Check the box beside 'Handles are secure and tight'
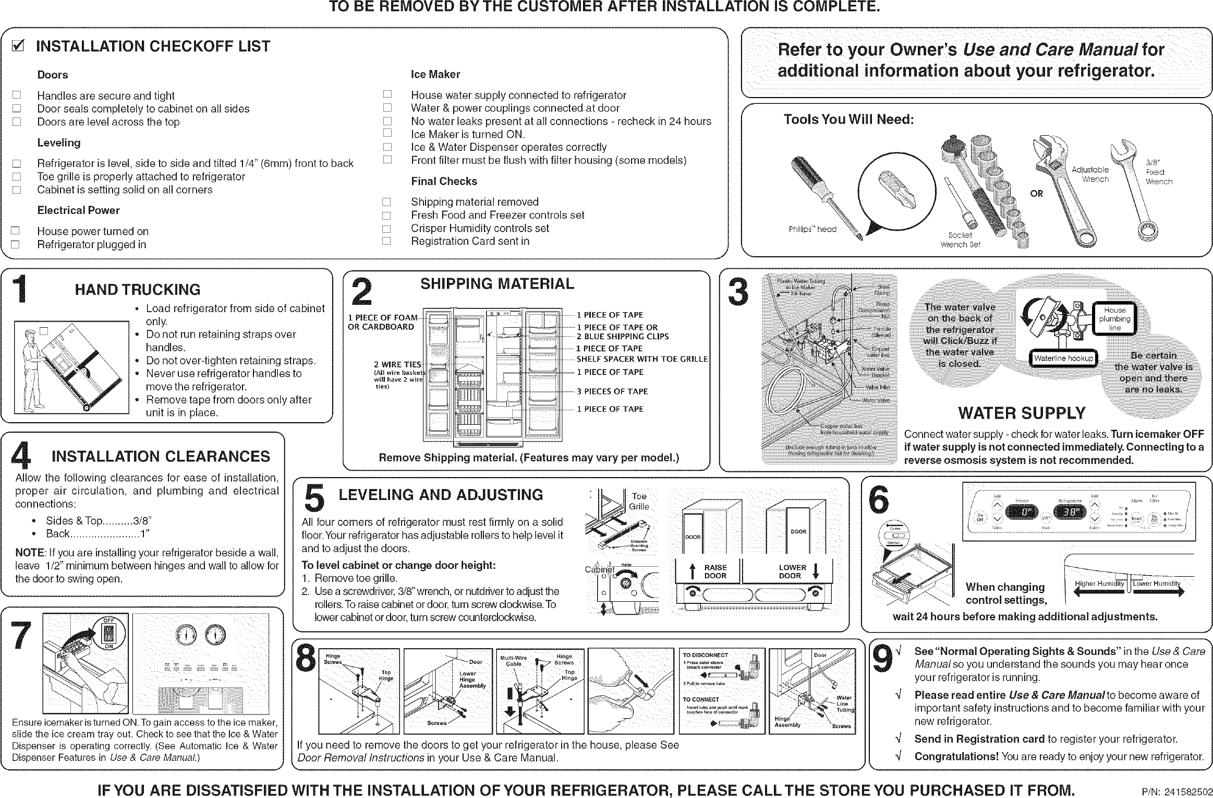click(x=17, y=96)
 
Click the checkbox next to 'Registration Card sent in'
click(x=386, y=241)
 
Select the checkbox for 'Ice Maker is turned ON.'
click(x=386, y=134)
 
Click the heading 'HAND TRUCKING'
click(x=138, y=290)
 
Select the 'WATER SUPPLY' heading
click(x=1022, y=413)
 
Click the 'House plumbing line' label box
click(x=1115, y=319)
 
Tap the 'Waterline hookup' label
click(x=1063, y=359)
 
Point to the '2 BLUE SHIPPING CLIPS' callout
click(x=623, y=337)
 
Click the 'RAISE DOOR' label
click(x=715, y=571)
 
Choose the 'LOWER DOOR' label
click(x=792, y=571)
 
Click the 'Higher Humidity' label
click(x=1099, y=583)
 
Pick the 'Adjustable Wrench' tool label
click(x=1090, y=174)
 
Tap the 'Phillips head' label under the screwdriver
click(x=812, y=229)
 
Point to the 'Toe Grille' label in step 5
click(x=639, y=502)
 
